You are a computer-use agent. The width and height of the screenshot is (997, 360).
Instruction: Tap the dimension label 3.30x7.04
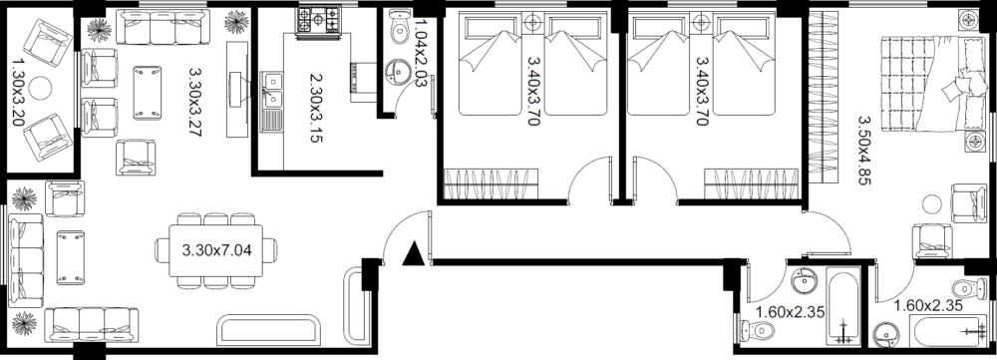click(x=216, y=250)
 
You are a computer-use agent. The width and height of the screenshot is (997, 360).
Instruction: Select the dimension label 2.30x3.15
click(x=316, y=108)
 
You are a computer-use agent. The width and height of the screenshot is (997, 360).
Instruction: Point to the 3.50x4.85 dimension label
click(x=863, y=151)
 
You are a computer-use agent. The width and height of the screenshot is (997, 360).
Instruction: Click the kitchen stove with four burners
click(x=319, y=20)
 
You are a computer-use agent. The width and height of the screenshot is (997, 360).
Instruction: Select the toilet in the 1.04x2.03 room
click(x=400, y=27)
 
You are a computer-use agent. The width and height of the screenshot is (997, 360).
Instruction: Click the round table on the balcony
click(x=40, y=89)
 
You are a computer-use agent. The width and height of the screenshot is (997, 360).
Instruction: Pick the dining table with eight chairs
click(x=216, y=250)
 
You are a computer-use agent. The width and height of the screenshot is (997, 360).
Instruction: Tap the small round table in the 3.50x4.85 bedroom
click(x=932, y=204)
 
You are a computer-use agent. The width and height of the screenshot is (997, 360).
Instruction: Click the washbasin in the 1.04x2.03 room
click(x=399, y=71)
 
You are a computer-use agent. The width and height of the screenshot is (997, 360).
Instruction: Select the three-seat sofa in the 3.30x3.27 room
click(x=163, y=27)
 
